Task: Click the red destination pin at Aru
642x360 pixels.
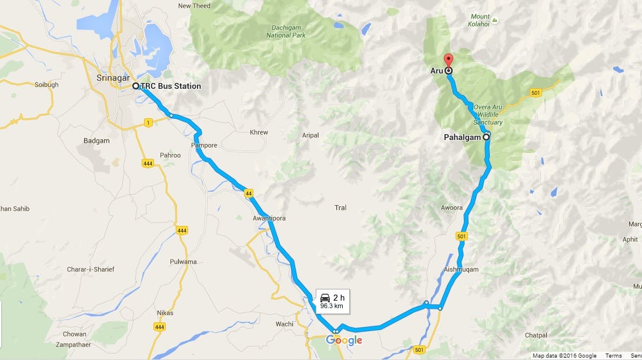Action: pos(448,59)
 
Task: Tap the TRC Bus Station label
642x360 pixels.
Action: pos(170,86)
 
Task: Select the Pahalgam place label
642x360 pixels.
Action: pos(463,137)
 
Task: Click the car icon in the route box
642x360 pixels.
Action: pos(325,297)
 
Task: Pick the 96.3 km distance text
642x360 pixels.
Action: pos(332,306)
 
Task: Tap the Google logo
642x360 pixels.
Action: pos(344,341)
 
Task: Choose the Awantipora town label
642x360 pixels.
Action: pos(270,218)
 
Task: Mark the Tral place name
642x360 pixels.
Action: pos(340,208)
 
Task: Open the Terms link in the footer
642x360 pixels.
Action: pos(613,355)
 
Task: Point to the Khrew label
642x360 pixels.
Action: pos(259,132)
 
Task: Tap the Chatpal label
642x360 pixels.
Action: pos(536,335)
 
